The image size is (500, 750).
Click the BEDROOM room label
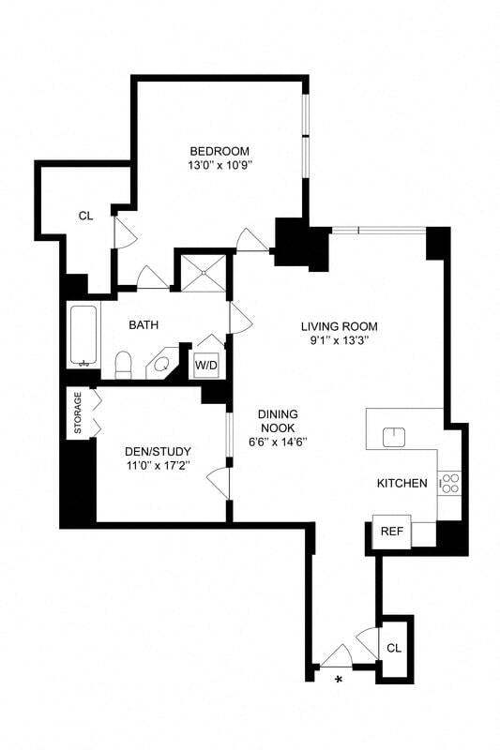point(220,151)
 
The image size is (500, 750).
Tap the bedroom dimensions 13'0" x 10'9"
point(220,166)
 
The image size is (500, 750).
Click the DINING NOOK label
point(279,421)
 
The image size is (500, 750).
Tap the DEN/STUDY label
point(159,451)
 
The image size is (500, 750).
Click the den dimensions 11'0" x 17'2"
point(159,465)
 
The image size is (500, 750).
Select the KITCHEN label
point(402,484)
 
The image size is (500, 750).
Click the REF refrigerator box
point(390,532)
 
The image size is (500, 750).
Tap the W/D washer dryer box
point(206,364)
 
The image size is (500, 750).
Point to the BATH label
point(144,325)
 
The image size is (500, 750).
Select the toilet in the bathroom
point(122,364)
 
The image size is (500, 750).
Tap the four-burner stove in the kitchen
point(449,483)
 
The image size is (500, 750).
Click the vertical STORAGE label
point(79,413)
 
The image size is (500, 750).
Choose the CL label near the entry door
point(394,647)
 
